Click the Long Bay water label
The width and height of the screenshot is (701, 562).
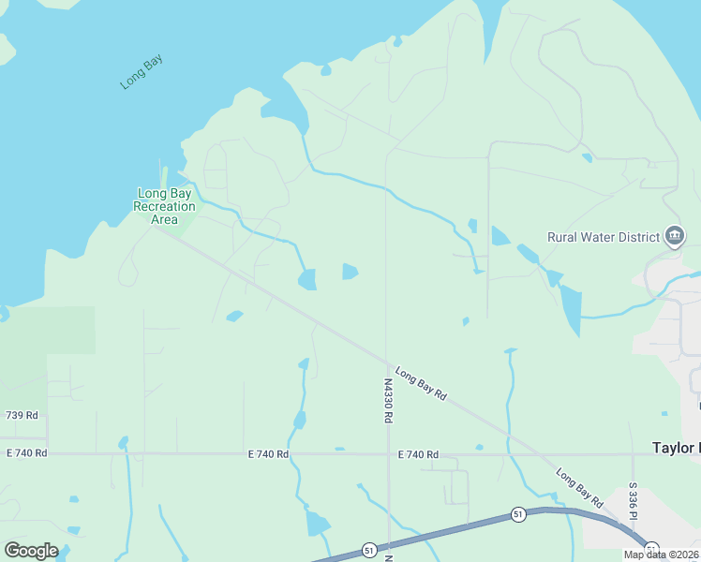point(142,72)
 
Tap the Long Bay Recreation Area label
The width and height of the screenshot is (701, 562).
point(164,206)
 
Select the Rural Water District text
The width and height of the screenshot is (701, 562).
point(604,237)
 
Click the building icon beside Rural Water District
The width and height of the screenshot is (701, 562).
point(674,236)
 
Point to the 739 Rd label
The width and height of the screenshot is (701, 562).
point(21,415)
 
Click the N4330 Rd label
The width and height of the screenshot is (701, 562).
point(387,401)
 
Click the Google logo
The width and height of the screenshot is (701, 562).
point(31,551)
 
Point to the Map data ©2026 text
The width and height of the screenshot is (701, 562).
point(660,555)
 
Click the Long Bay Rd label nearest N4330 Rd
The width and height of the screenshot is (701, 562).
point(420,384)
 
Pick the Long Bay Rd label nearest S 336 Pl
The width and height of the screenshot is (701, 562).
point(579,482)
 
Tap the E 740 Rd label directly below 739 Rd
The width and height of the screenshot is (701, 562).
point(26,453)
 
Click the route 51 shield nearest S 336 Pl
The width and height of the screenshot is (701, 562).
point(651,549)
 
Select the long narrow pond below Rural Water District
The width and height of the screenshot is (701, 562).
point(571,309)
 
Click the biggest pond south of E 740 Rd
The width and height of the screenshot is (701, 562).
point(317,523)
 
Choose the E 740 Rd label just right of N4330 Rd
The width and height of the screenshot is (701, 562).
point(418,454)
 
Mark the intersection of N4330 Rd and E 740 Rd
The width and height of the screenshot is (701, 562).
point(387,454)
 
